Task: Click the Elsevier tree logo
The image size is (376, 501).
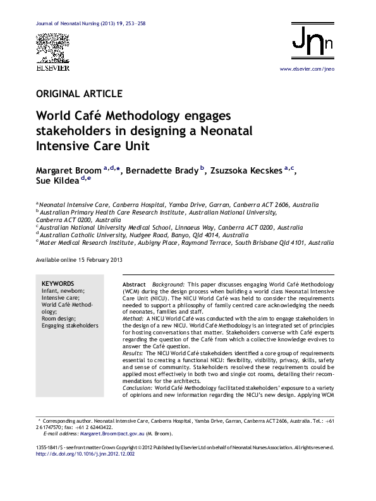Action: (52, 48)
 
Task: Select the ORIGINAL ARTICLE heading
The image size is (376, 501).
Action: (80, 94)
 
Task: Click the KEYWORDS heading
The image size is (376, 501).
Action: (58, 284)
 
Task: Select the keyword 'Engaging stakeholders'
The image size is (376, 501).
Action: (70, 326)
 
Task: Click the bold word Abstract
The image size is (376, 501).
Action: (133, 286)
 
